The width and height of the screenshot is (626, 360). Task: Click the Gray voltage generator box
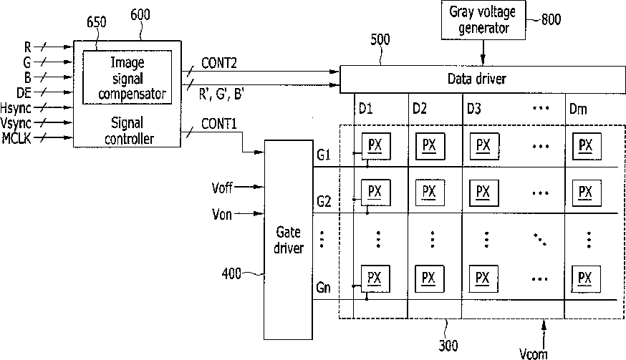tap(483, 20)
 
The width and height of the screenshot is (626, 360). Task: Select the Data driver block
tap(482, 79)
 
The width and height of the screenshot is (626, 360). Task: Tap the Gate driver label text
tap(288, 240)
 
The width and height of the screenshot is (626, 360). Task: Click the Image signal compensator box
tap(127, 77)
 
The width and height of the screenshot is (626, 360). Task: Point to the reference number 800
tap(551, 19)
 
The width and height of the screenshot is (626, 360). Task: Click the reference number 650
tap(97, 22)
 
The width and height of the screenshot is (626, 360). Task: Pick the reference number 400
tap(231, 274)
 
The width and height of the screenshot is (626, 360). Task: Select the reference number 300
tap(448, 345)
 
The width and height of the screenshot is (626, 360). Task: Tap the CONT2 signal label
tap(218, 63)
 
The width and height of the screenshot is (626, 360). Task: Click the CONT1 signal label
tap(218, 124)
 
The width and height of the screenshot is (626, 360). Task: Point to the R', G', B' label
tap(221, 94)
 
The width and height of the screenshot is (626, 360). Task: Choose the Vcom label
tap(534, 354)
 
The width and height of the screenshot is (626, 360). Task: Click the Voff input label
tap(222, 188)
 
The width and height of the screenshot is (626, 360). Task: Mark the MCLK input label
tap(16, 138)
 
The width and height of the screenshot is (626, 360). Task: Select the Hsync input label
tap(16, 109)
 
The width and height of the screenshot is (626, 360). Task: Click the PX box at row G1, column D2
tap(430, 146)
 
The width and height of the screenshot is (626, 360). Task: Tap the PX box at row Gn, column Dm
tap(586, 278)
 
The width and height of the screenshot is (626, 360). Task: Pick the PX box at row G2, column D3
tap(484, 193)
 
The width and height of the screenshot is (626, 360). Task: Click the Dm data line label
tap(578, 109)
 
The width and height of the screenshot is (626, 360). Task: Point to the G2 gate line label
tap(324, 201)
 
